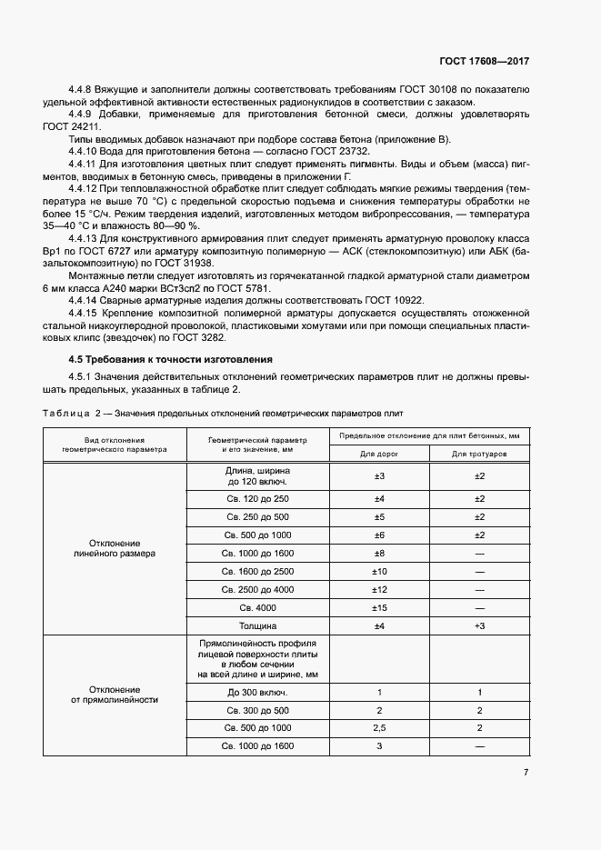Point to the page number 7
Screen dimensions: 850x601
526,772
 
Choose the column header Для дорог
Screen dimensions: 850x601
379,452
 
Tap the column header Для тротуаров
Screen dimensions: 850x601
479,452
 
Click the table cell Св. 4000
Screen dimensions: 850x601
256,606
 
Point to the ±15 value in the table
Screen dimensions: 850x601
379,606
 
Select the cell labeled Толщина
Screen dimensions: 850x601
256,626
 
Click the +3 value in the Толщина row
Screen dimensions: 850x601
479,626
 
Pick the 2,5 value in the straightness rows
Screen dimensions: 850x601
379,728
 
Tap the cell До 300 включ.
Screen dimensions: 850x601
256,693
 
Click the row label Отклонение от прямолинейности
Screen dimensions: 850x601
115,695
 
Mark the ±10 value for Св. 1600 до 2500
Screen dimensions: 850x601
379,571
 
